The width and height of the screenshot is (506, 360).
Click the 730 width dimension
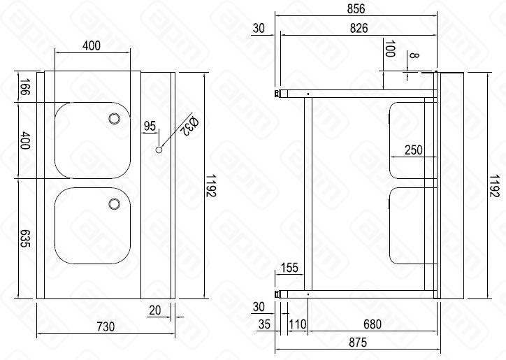click(104, 326)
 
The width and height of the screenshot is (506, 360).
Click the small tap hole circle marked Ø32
click(159, 149)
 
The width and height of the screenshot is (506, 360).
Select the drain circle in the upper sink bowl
click(113, 120)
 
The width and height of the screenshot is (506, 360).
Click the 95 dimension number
click(150, 126)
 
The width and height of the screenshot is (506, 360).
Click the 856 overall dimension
click(356, 8)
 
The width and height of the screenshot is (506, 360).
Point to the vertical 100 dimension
click(389, 50)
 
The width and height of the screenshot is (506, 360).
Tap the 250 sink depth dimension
click(414, 150)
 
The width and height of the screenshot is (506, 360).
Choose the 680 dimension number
click(372, 324)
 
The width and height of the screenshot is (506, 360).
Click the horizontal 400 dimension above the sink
click(92, 45)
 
